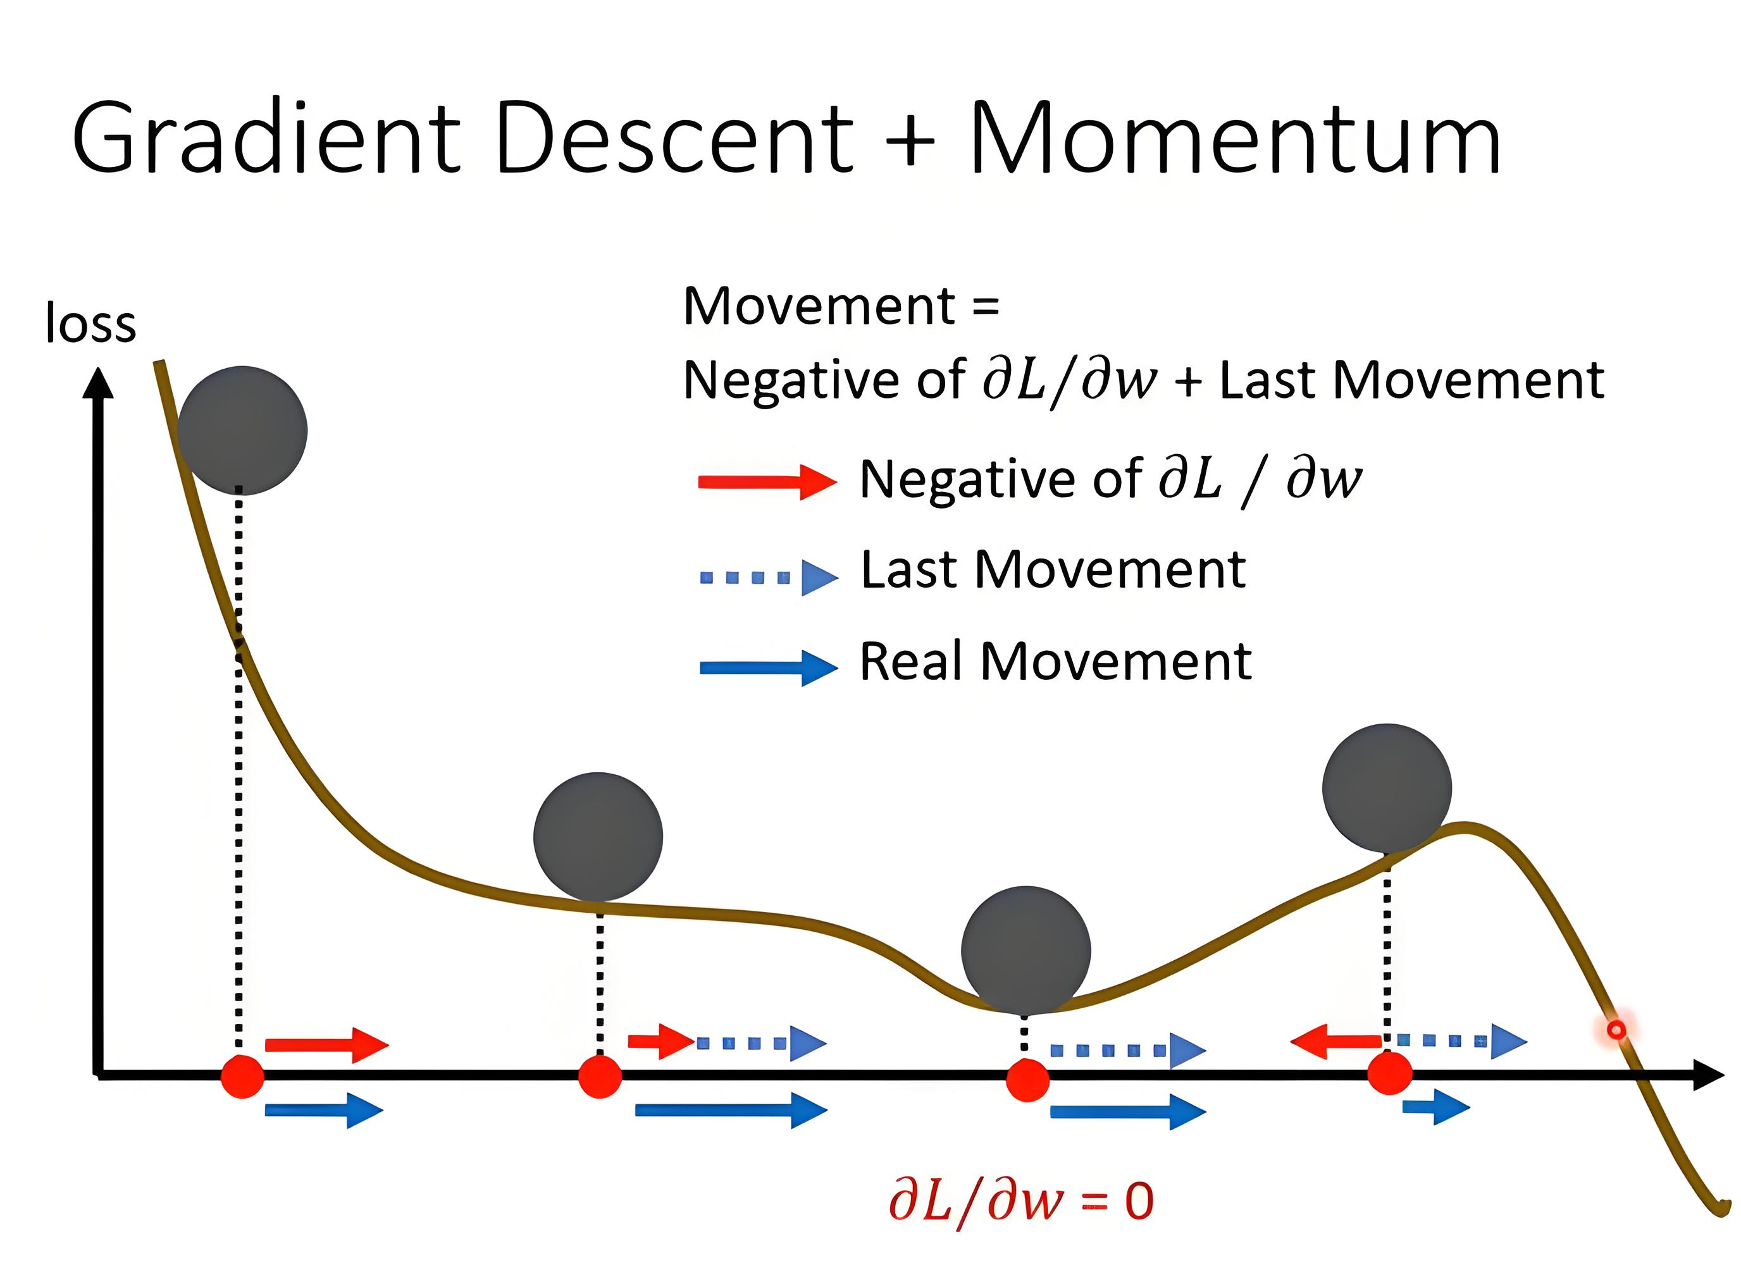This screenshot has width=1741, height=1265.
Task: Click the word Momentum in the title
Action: point(1235,140)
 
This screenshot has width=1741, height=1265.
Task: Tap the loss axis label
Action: point(90,323)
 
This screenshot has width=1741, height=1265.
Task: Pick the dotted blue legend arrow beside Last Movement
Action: point(767,577)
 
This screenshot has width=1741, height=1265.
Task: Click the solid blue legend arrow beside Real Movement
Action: point(767,667)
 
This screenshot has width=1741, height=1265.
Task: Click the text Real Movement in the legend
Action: point(1055,662)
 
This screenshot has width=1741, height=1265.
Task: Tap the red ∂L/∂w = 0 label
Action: point(1021,1200)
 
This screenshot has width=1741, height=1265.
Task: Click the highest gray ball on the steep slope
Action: point(242,430)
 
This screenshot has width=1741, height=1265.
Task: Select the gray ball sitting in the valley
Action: point(1025,949)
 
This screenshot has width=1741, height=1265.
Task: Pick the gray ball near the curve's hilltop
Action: point(1386,788)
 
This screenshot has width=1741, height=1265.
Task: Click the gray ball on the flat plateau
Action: point(598,836)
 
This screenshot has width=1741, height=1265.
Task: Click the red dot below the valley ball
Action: point(1027,1079)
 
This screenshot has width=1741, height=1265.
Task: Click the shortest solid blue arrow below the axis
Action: point(1434,1107)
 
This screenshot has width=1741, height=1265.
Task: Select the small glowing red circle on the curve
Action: point(1616,1029)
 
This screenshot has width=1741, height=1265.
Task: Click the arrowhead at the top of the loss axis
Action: point(97,384)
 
